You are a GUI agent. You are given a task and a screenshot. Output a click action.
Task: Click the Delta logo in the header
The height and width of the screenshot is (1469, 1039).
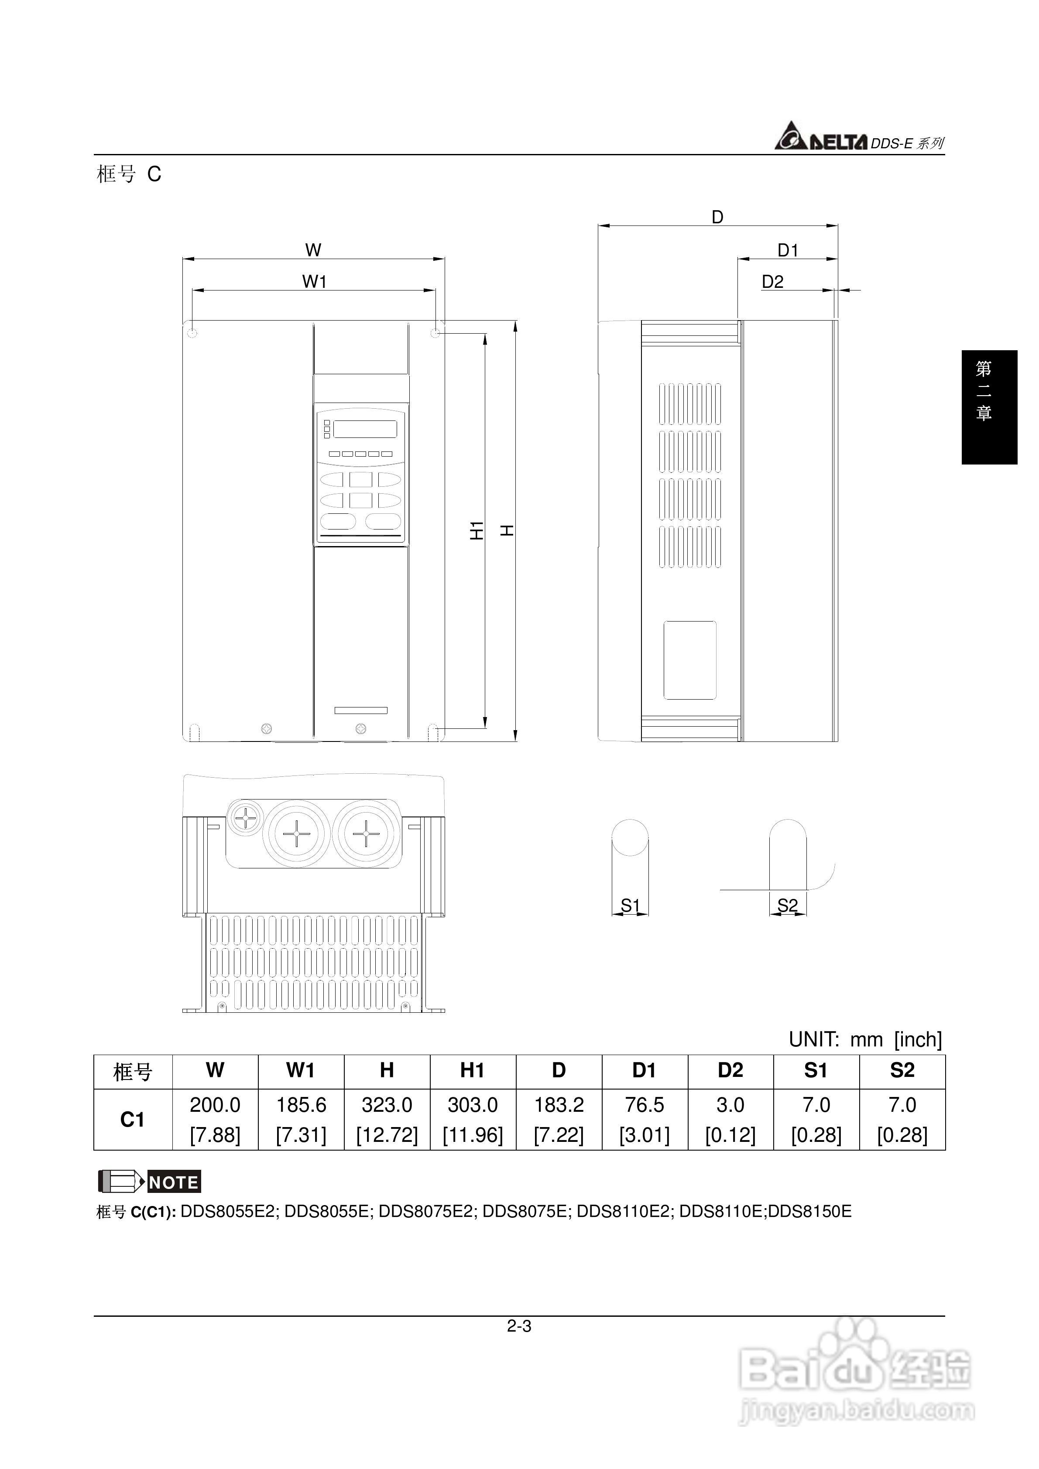[x=821, y=137]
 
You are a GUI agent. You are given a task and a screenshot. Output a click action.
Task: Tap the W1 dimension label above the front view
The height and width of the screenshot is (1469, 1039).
[x=314, y=281]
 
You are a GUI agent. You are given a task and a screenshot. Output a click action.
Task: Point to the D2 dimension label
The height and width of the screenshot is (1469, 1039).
[x=772, y=282]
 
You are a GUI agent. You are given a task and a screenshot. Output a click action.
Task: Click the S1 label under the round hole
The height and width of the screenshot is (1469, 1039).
[x=630, y=905]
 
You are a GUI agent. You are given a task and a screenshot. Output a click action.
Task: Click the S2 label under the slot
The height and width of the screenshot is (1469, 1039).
[x=787, y=905]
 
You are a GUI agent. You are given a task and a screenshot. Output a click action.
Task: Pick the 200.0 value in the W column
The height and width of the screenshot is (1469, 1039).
[x=215, y=1105]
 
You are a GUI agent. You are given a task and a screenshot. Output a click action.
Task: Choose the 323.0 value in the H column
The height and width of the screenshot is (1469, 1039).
[x=387, y=1105]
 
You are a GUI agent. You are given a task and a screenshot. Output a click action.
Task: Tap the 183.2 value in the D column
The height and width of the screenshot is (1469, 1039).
[x=559, y=1105]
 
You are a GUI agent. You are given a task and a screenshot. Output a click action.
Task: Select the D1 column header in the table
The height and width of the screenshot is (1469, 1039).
[x=644, y=1070]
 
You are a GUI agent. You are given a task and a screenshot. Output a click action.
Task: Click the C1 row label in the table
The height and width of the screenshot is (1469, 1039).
[x=133, y=1120]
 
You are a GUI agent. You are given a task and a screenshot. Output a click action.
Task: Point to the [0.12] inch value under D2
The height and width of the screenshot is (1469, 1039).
[x=730, y=1135]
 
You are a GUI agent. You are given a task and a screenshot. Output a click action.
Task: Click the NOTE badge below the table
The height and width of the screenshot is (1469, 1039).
[x=174, y=1182]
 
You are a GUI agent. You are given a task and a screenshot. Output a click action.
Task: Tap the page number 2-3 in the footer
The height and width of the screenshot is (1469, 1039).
[x=519, y=1326]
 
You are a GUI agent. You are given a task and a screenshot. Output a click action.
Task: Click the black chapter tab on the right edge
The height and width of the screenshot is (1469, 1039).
[x=989, y=407]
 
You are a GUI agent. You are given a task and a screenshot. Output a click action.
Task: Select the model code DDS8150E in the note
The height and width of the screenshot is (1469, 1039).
[x=810, y=1212]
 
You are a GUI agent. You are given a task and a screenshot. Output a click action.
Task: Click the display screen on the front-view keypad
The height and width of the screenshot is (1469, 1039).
[x=364, y=429]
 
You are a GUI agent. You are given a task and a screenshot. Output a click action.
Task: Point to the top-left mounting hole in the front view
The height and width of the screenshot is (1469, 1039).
[x=192, y=333]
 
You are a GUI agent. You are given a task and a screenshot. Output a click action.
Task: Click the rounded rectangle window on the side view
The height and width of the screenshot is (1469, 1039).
[x=689, y=659]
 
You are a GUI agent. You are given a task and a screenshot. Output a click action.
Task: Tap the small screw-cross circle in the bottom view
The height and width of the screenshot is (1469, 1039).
[x=246, y=817]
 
